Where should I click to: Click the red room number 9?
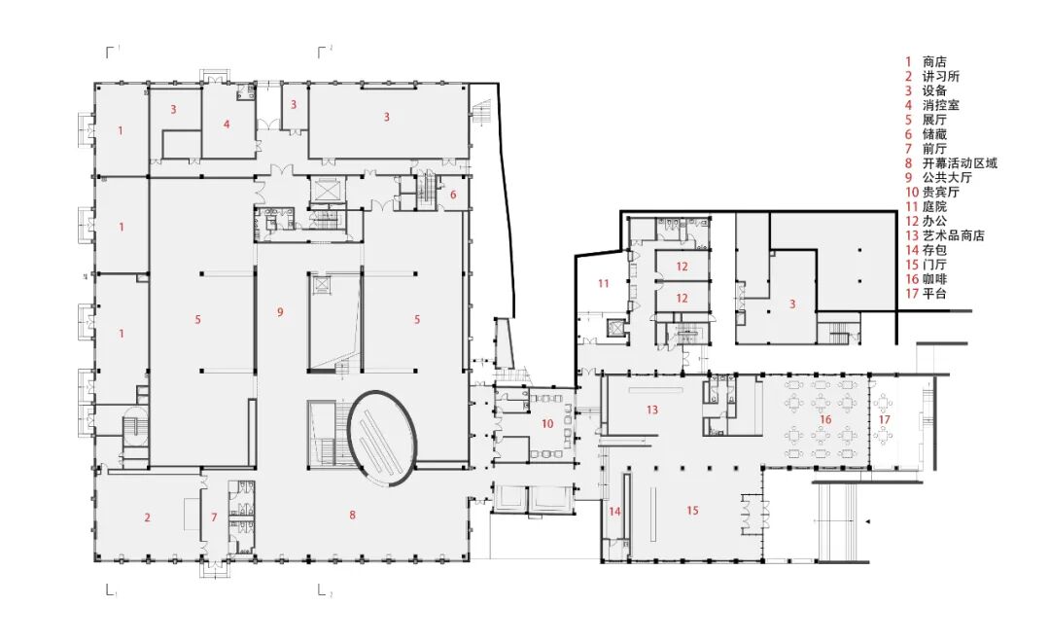click(281, 311)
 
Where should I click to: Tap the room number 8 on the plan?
click(352, 515)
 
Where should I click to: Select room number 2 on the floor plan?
click(148, 517)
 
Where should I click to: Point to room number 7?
click(214, 517)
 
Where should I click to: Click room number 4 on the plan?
click(227, 124)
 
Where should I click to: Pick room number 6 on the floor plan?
click(453, 195)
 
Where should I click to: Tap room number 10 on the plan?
click(547, 423)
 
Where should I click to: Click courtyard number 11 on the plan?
click(604, 283)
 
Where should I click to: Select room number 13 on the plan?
click(652, 410)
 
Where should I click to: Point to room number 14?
click(614, 512)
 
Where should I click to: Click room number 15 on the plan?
click(692, 510)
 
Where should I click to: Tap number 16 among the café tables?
click(825, 419)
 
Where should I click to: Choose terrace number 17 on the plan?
click(885, 419)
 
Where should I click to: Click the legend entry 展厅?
click(934, 120)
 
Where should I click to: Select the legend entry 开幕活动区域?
click(960, 162)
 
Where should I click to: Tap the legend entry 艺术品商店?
click(953, 235)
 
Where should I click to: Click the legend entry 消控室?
click(940, 104)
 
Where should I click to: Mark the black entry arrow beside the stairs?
click(867, 521)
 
